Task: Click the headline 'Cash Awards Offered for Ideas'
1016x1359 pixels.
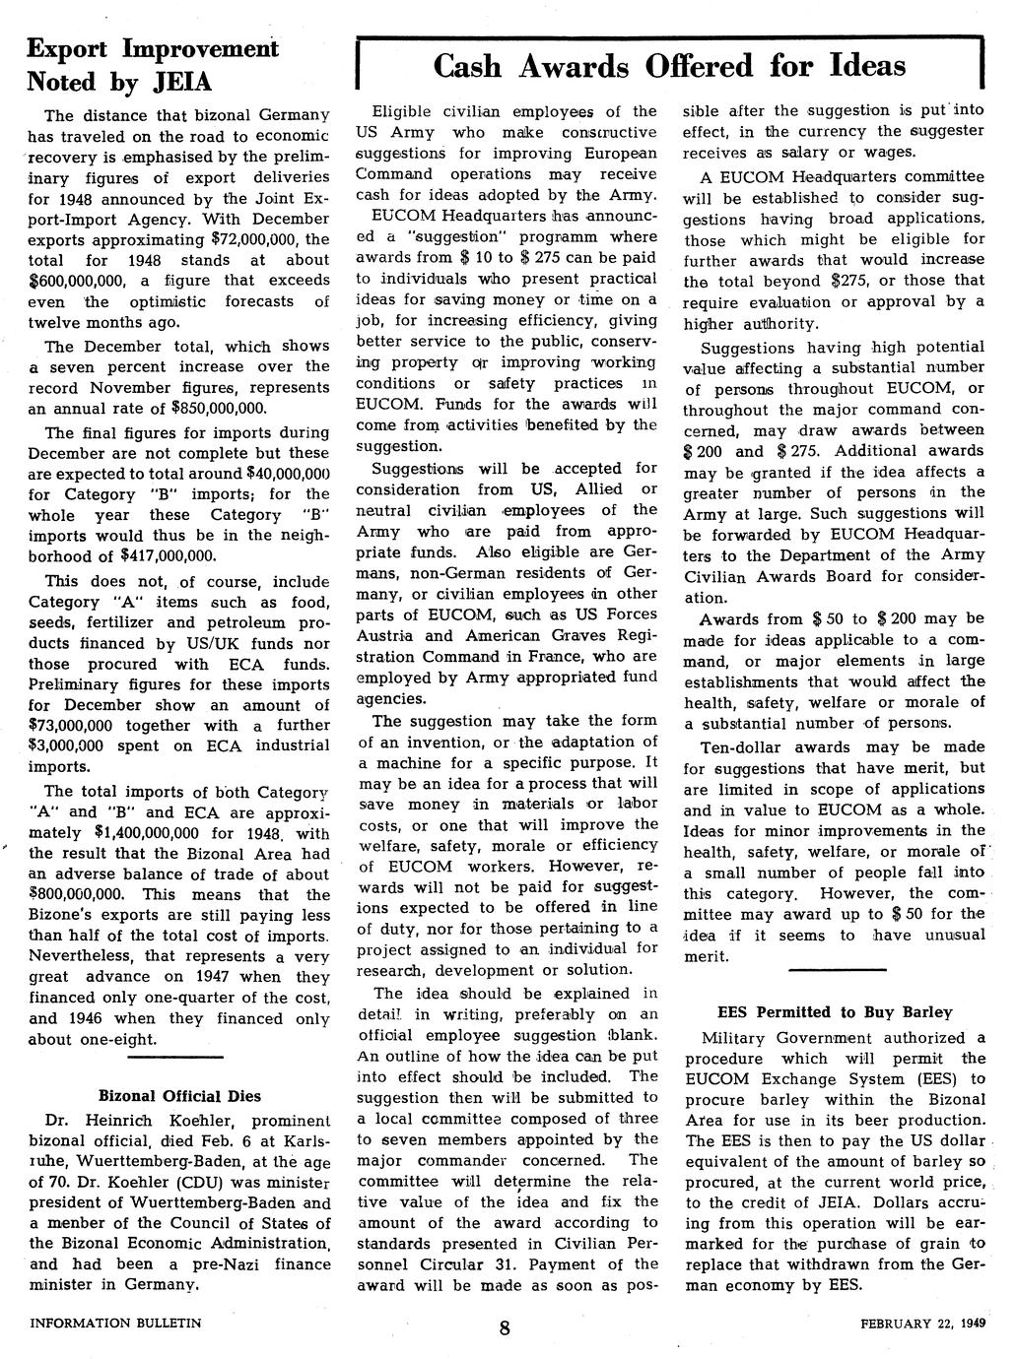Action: [669, 66]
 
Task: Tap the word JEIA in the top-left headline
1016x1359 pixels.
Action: [178, 80]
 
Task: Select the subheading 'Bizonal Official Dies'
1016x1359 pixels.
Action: [179, 1095]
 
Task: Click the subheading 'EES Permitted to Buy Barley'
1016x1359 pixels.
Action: [835, 1011]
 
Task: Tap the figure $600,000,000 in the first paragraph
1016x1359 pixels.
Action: [75, 281]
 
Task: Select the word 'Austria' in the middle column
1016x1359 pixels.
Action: [388, 635]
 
